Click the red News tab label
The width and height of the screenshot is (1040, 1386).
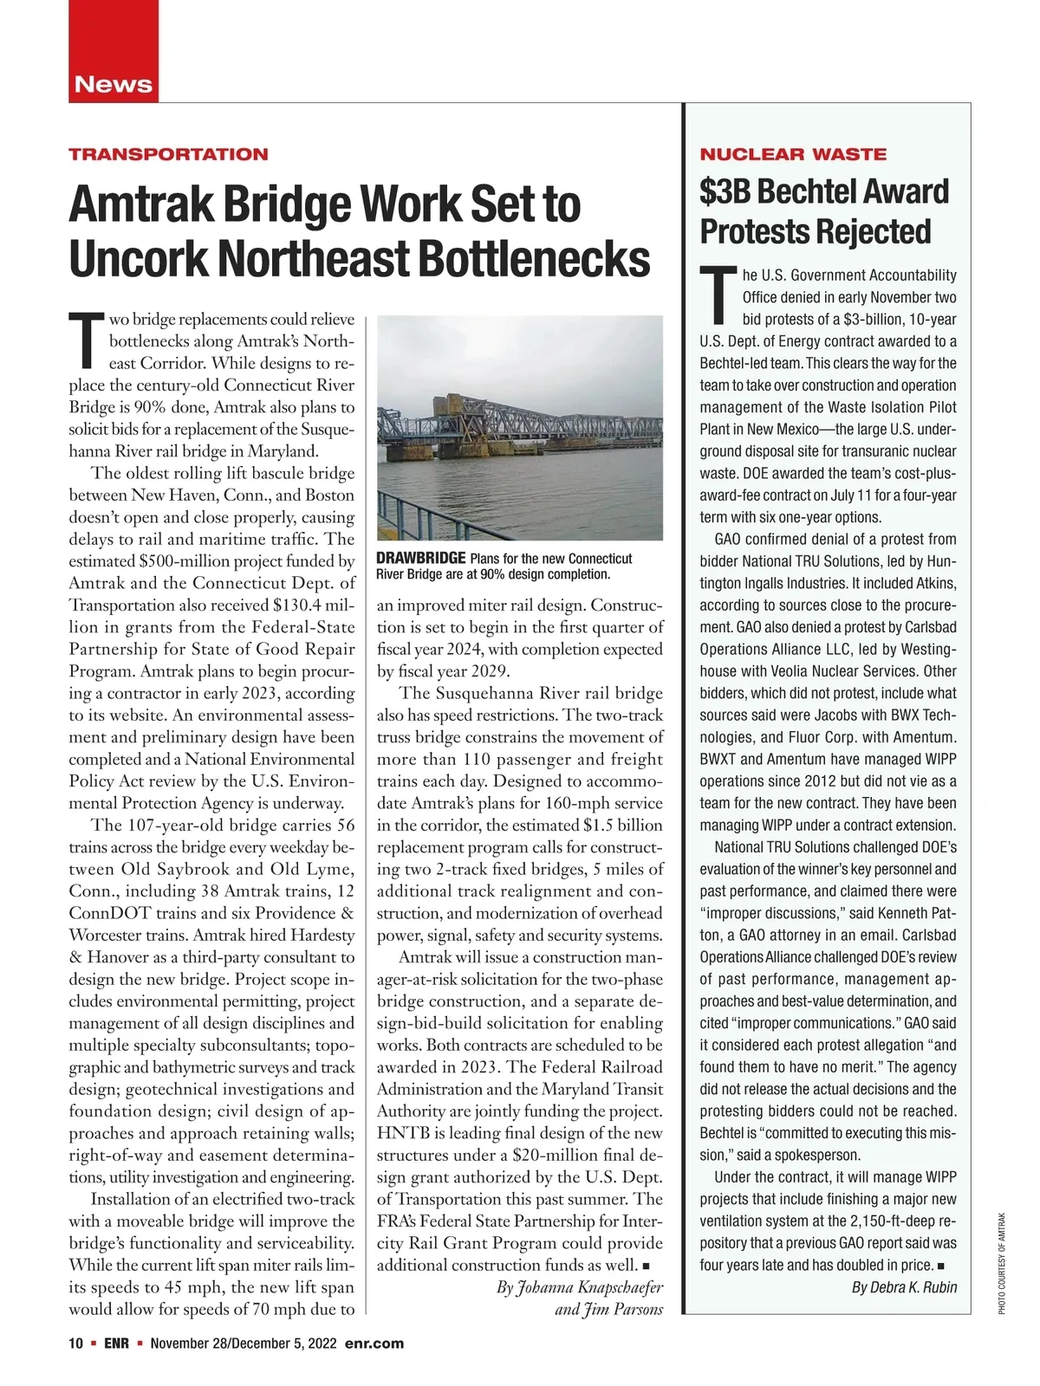pos(114,85)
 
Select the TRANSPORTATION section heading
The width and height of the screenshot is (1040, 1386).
pos(168,154)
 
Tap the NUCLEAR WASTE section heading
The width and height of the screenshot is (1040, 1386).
pos(793,154)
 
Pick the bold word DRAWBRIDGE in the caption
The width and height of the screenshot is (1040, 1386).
pos(420,558)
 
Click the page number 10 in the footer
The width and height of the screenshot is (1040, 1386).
pos(76,1344)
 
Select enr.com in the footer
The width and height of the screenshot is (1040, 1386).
pos(374,1344)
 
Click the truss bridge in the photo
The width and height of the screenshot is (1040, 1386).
pos(520,424)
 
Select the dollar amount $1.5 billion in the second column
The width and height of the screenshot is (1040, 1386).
pos(623,826)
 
